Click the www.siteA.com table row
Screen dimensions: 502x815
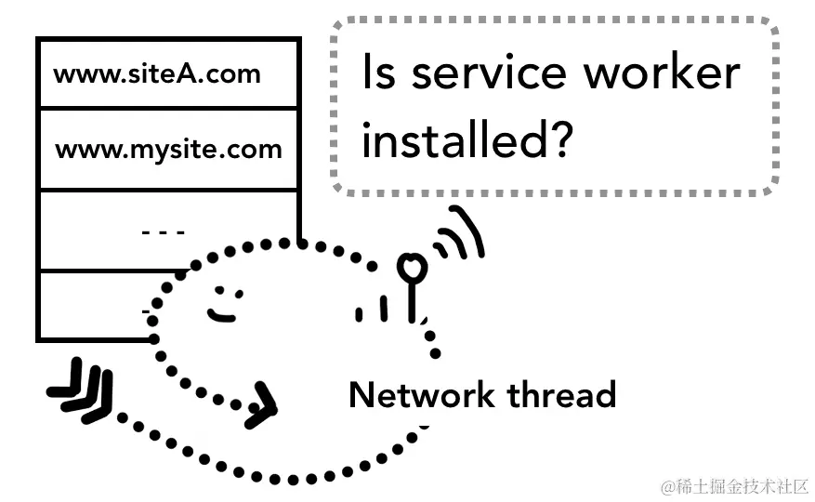coord(167,73)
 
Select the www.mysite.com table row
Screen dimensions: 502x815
coord(167,149)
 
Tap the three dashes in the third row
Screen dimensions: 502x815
coord(164,231)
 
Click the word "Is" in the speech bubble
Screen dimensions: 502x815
coord(378,73)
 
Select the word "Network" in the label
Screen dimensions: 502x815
coord(421,395)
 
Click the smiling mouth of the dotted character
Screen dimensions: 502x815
coord(222,314)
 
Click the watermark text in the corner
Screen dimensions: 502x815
coord(734,486)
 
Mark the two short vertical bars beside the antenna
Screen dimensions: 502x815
coord(371,310)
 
